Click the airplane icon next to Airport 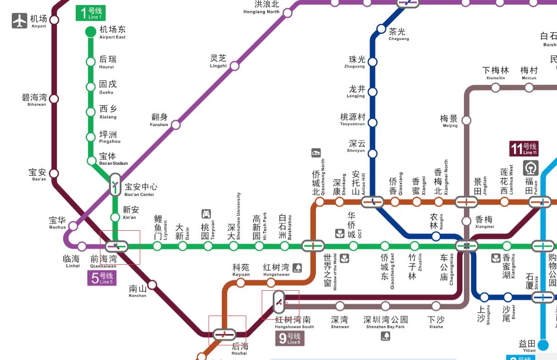coord(20,21)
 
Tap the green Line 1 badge coord(90,13)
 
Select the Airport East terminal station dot coord(91,32)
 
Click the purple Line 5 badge coord(102,278)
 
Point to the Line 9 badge coord(290,339)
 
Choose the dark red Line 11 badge coord(524,149)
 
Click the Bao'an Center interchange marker coord(115,185)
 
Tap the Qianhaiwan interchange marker coord(116,246)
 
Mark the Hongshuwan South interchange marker coord(279,302)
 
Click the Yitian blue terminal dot coord(543,344)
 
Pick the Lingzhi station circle coord(234,66)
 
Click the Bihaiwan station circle coord(54,99)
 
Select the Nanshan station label coord(138,291)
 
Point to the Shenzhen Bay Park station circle coord(386,306)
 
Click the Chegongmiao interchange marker coord(467,246)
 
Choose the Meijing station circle coord(466,120)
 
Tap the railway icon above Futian coord(531,167)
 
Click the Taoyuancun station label coord(353,119)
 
